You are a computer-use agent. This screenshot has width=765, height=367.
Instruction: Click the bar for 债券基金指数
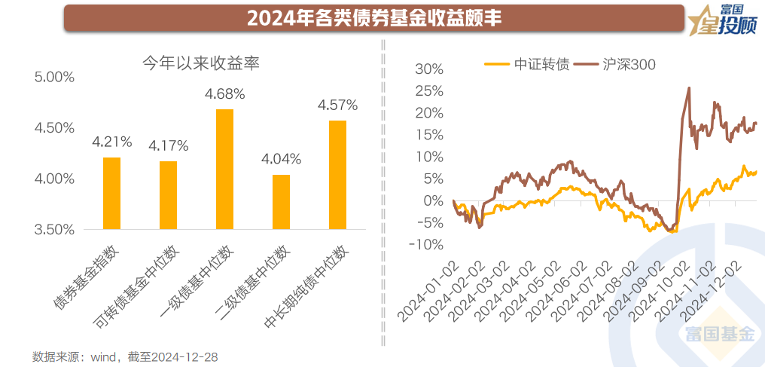point(111,193)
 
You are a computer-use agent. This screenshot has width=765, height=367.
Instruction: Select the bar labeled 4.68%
point(224,169)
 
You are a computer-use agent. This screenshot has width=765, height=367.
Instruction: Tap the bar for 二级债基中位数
point(281,201)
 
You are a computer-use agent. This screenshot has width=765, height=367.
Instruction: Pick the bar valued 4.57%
point(337,174)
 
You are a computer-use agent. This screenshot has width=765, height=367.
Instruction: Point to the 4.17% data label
point(168,145)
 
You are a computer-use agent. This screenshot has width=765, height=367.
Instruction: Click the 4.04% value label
point(281,159)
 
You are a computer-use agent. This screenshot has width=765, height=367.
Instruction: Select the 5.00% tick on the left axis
point(54,77)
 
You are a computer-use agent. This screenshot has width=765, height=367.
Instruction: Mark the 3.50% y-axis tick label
point(54,229)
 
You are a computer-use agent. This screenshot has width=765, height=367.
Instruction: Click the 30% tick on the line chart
point(429,69)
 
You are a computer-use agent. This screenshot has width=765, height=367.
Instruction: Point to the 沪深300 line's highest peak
point(689,88)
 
